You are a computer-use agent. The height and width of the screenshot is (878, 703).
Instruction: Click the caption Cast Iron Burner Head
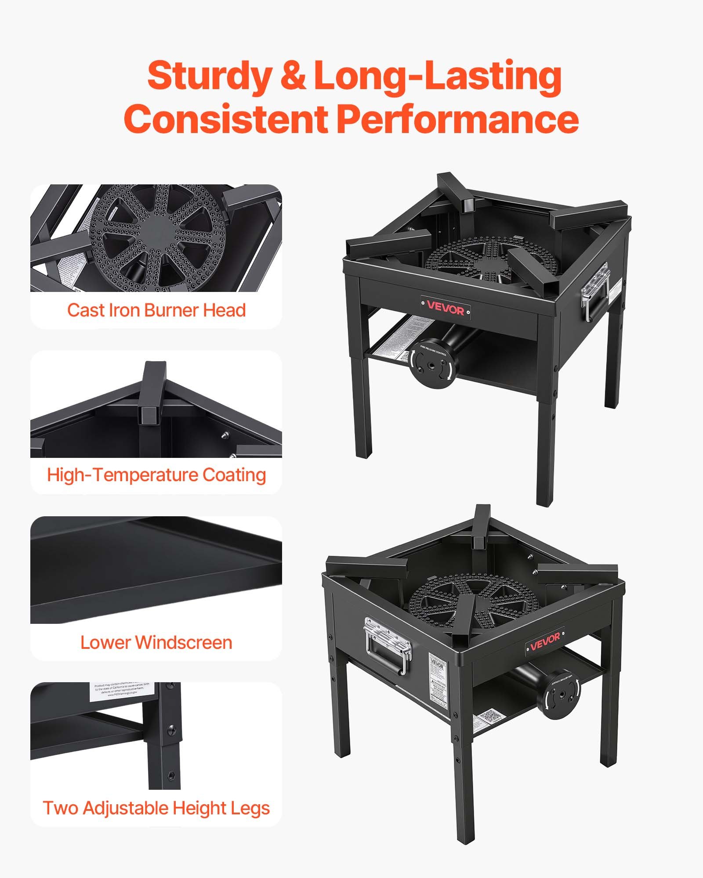156,310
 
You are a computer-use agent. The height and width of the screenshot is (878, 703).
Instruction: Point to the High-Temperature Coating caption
156,475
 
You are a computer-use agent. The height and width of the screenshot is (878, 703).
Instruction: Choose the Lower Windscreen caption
156,643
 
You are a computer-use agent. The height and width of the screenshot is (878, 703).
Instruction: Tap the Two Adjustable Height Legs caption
156,808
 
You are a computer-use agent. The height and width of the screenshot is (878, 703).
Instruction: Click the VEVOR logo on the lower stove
545,642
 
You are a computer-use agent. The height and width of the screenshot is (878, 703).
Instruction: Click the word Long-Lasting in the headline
438,76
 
